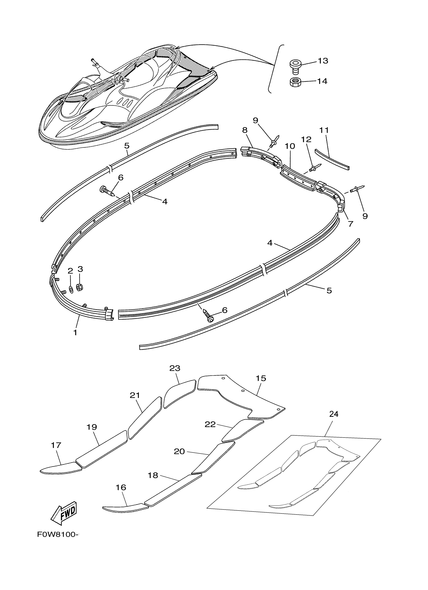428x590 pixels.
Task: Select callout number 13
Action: coord(323,61)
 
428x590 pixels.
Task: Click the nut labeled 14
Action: coord(295,82)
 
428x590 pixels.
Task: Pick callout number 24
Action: coord(334,414)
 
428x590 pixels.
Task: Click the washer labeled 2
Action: coord(71,289)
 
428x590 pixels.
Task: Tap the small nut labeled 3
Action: coord(80,287)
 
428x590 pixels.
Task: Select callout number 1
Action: coord(75,333)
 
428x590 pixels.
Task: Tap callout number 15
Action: coord(261,378)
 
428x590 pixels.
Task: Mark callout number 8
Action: coord(245,130)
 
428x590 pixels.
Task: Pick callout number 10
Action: coord(290,146)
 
